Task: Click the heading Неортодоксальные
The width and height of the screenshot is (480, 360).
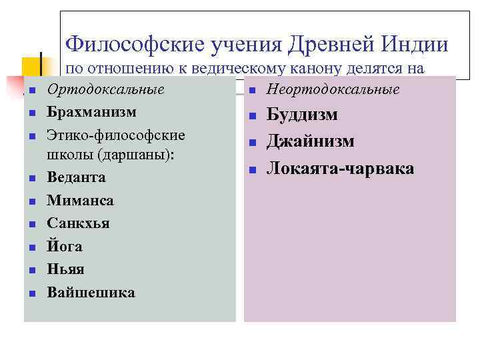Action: tap(333, 90)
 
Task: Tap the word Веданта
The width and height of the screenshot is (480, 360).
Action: tap(76, 178)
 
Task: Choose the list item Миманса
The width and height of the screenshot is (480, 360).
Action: tap(80, 201)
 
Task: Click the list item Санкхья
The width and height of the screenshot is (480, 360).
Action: tap(78, 223)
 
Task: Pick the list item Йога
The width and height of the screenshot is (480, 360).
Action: tap(65, 246)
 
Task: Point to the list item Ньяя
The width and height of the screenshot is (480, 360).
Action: tap(65, 269)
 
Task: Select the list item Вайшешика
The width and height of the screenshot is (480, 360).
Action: tap(91, 292)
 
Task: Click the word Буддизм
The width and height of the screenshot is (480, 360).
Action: tap(302, 115)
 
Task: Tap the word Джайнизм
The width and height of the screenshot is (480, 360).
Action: tap(311, 141)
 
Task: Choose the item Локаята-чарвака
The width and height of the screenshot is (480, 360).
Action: tap(340, 169)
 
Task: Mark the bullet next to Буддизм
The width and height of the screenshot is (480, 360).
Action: tap(253, 117)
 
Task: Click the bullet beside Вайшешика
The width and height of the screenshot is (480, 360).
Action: tap(32, 293)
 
